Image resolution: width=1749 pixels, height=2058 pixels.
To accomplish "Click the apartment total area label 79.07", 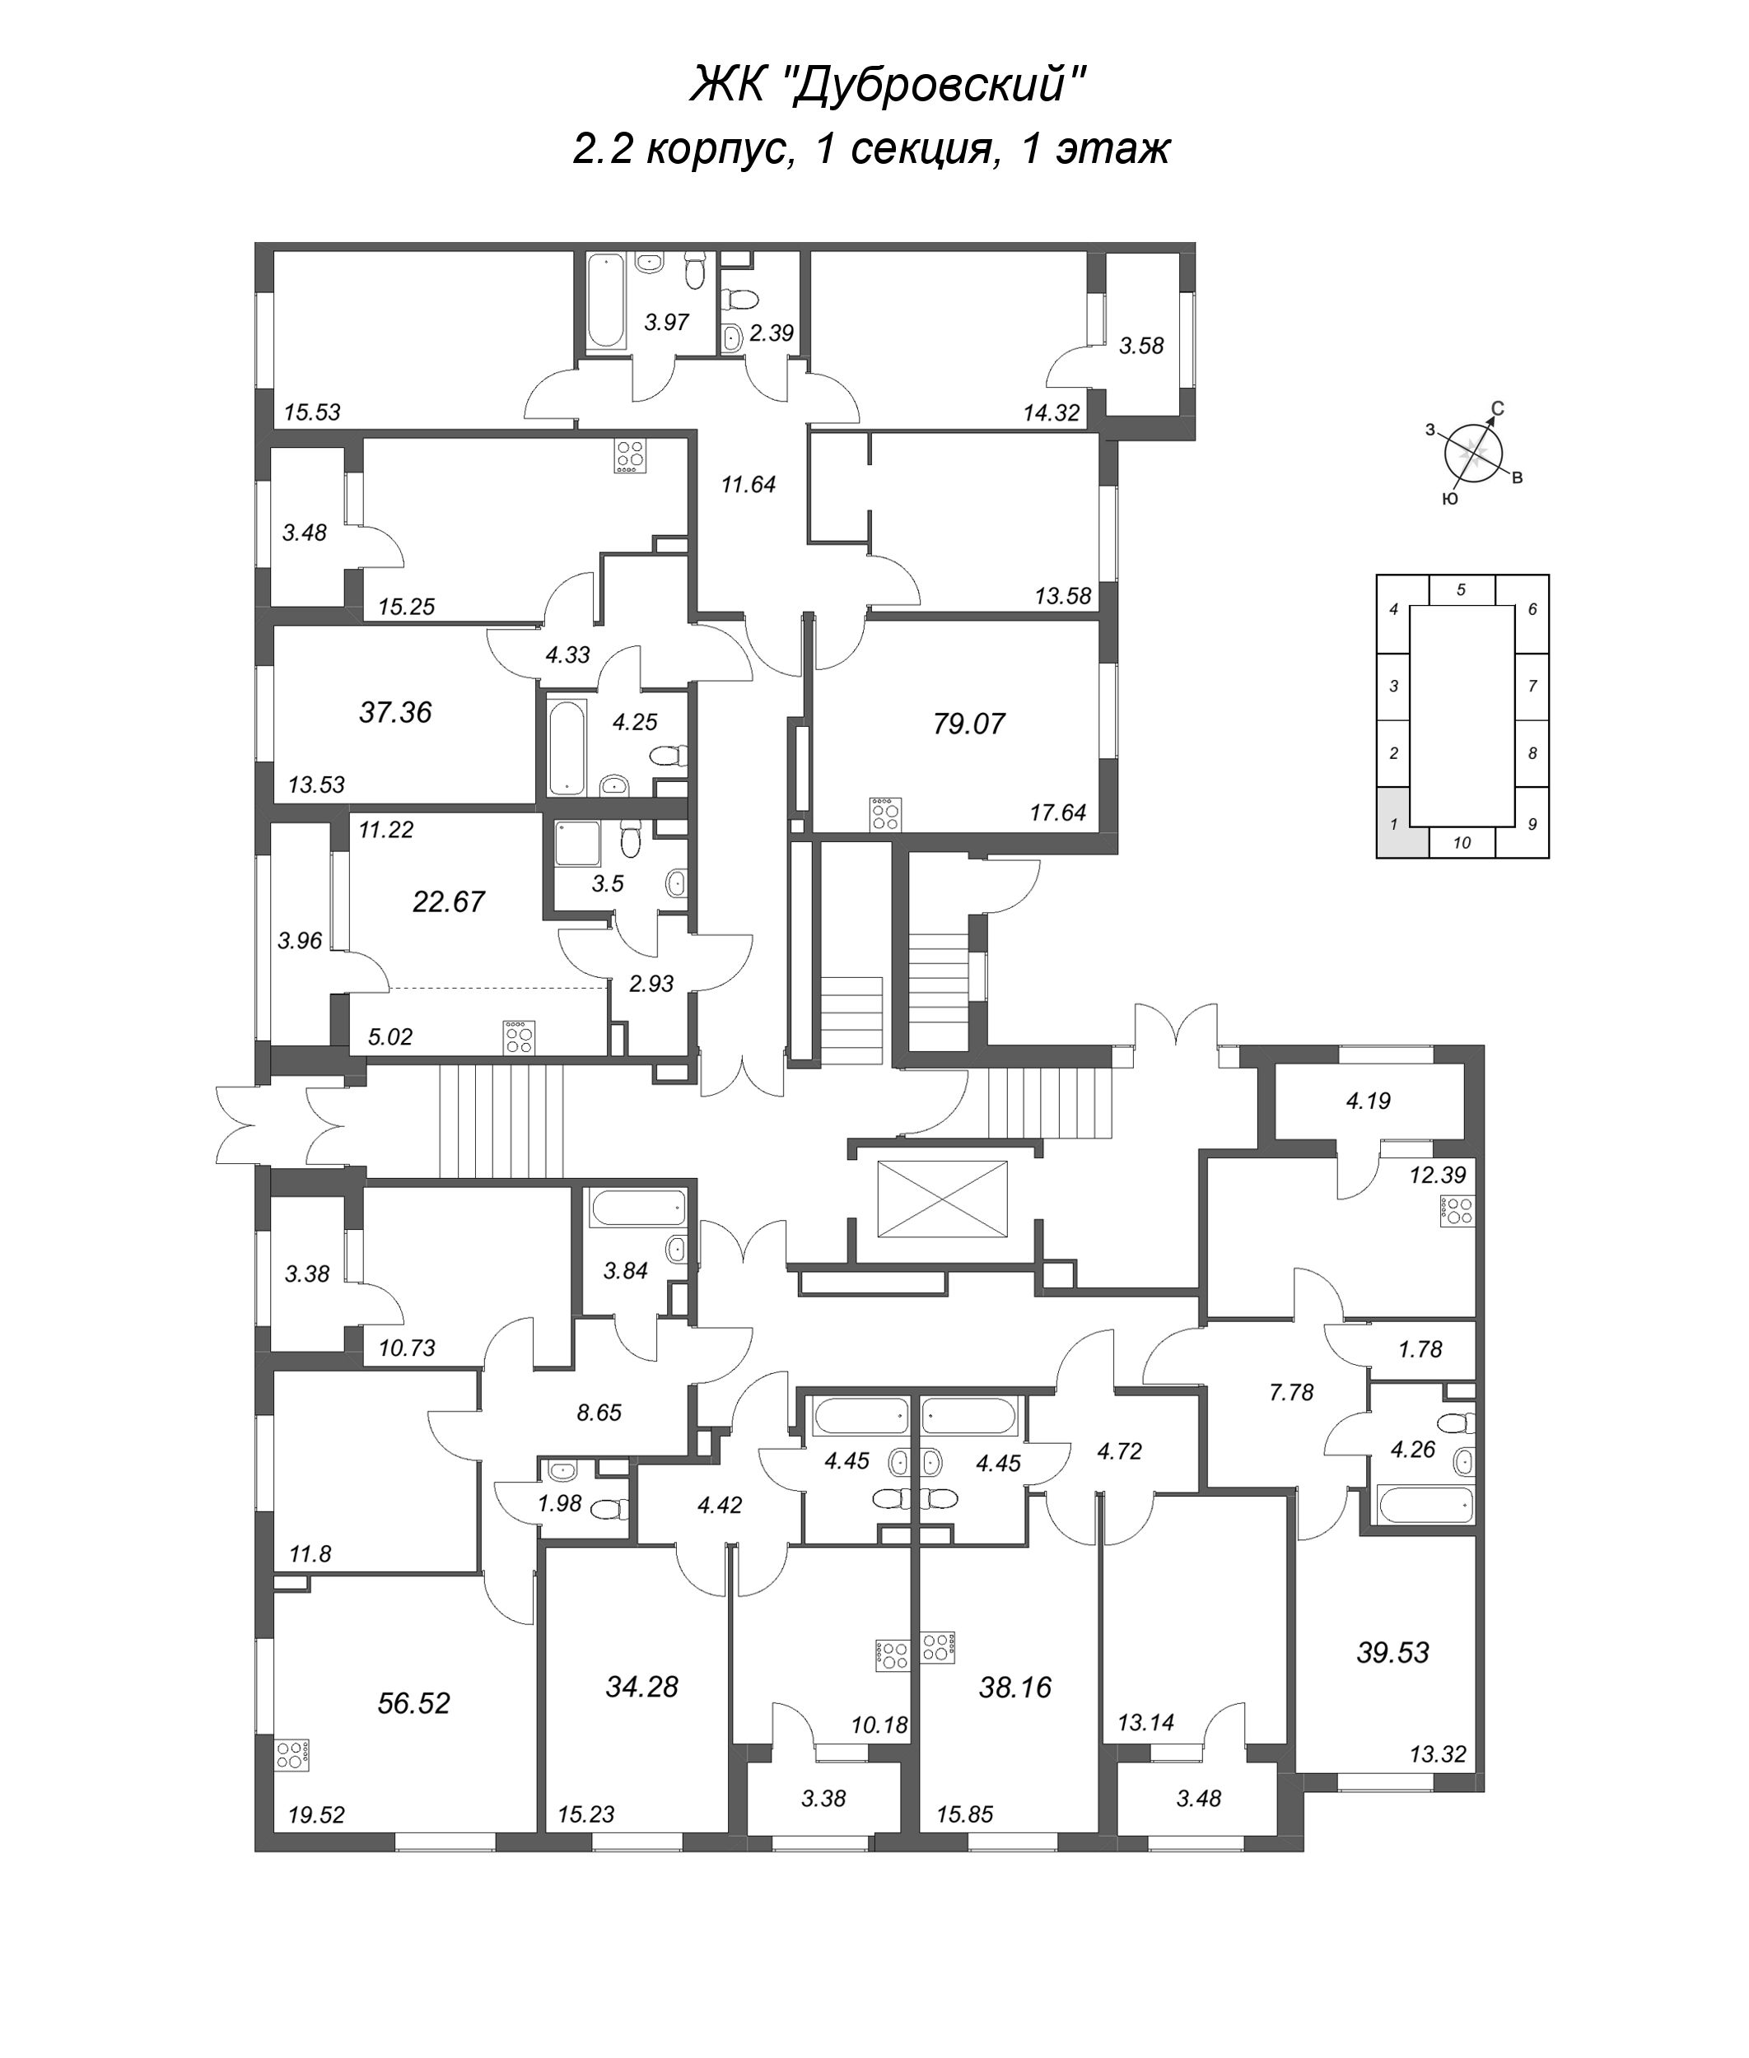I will click(968, 724).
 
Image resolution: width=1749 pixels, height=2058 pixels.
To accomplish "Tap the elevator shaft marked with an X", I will click(942, 1199).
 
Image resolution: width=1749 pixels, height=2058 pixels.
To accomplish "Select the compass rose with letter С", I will click(1476, 453).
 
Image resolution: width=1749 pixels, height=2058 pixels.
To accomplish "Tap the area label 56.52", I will click(413, 1703).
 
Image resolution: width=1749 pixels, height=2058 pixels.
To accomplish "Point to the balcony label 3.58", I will click(1140, 346).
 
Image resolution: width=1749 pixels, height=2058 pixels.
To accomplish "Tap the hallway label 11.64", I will click(748, 485).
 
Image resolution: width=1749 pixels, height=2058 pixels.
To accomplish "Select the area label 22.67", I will click(448, 901).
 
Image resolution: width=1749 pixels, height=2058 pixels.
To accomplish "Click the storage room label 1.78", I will click(1420, 1349).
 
